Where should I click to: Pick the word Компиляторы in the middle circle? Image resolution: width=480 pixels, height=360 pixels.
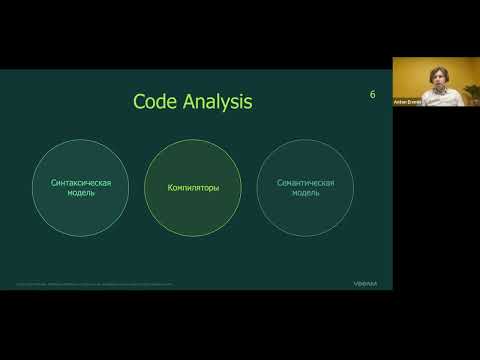point(194,188)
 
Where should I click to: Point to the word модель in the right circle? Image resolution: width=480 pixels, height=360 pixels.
point(305,193)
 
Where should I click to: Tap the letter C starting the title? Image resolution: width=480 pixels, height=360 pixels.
point(139,102)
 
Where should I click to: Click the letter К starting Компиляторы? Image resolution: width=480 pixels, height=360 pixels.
point(171,188)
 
